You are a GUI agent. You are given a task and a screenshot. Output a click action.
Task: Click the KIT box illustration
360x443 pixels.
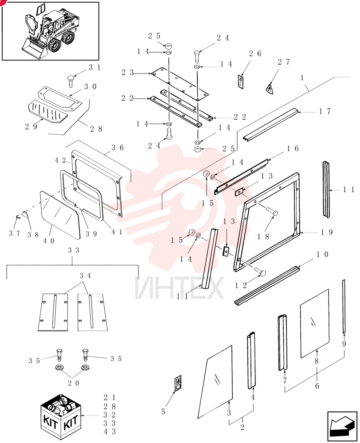[61, 417]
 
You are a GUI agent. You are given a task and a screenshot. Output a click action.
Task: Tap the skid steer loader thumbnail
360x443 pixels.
[51, 31]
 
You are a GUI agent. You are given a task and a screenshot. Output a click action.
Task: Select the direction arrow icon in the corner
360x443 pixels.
[342, 426]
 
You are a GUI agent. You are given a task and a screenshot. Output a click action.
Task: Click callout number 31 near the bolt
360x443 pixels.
[95, 67]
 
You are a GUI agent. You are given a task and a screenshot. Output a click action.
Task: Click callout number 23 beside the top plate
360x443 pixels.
[128, 73]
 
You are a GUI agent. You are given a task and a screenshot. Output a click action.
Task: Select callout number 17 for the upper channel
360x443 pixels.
[325, 112]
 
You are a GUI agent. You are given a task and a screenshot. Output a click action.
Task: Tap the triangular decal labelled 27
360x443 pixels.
[270, 89]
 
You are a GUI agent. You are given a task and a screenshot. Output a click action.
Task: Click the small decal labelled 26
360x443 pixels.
[241, 82]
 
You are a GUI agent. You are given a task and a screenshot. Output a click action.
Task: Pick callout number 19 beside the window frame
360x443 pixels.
[327, 232]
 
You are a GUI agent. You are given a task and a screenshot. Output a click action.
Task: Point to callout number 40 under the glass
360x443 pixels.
[48, 241]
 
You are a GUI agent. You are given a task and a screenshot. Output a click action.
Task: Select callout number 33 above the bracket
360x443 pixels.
[74, 250]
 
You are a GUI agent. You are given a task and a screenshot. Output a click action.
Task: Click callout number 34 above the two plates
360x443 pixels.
[85, 276]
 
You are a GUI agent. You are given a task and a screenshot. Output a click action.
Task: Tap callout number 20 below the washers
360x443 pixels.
[73, 383]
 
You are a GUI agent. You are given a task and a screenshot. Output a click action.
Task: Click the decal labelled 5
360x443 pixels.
[178, 383]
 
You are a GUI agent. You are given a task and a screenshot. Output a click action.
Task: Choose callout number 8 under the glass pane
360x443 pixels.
[317, 361]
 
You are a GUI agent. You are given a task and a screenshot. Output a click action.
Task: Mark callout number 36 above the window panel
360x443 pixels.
[117, 148]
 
